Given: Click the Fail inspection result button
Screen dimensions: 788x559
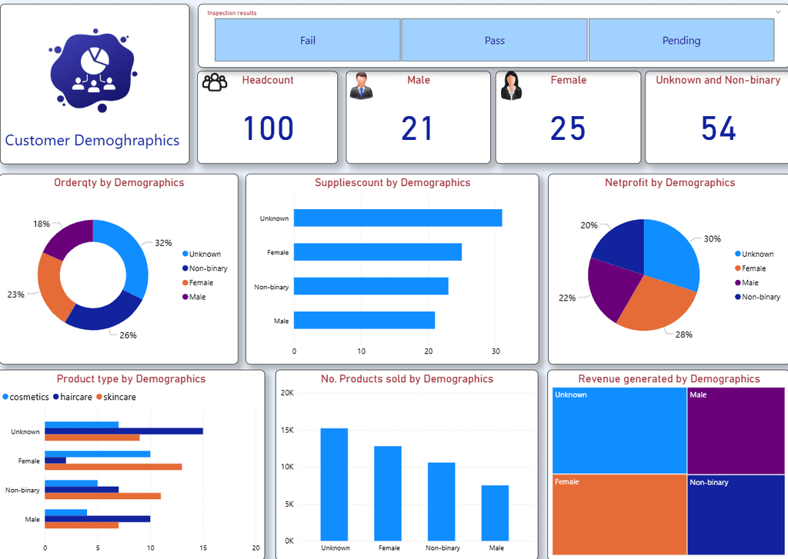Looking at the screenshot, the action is click(x=308, y=40).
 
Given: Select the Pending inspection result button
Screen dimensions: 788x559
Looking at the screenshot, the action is click(x=681, y=40).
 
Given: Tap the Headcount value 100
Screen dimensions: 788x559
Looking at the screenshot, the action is click(x=269, y=128).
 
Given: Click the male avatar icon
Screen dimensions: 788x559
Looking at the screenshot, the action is click(x=362, y=85).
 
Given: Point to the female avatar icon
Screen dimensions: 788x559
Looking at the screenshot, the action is click(x=511, y=86).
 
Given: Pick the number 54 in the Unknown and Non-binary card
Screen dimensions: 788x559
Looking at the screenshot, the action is click(x=719, y=128).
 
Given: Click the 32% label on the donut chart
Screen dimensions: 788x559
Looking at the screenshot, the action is click(x=163, y=243).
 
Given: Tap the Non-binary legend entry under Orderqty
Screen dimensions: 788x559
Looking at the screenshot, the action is click(x=205, y=268).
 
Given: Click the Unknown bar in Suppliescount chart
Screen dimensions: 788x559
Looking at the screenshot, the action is click(x=398, y=218).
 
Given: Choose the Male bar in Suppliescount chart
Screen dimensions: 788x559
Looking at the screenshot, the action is click(x=364, y=321).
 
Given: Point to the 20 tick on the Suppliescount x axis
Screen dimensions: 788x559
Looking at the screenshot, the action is click(x=428, y=351).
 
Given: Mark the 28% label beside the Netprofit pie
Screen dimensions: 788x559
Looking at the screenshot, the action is click(x=683, y=334).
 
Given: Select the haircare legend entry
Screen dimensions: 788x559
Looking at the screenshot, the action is click(x=72, y=397).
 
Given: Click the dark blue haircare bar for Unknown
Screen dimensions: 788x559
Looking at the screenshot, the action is click(x=124, y=431).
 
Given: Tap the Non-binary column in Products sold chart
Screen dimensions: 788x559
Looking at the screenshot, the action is click(x=441, y=502).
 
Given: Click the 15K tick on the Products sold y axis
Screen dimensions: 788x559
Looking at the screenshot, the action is click(x=287, y=430).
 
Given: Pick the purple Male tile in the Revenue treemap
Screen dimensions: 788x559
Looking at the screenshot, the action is click(x=736, y=431).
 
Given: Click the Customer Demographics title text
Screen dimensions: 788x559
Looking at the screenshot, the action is click(x=92, y=141).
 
